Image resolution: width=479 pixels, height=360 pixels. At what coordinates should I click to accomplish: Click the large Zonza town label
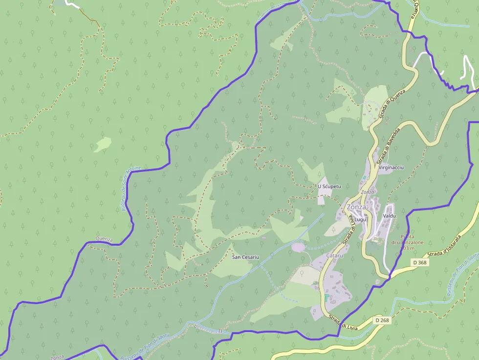356,207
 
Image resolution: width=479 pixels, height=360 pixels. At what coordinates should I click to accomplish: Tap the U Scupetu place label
329,187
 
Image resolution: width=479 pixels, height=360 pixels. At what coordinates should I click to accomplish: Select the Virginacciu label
392,168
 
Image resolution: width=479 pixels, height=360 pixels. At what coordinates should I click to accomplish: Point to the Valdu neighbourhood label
390,215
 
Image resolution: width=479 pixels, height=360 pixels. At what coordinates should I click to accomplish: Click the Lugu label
360,220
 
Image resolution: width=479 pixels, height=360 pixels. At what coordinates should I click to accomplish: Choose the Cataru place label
334,255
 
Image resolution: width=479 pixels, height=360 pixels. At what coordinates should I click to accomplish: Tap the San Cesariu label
245,257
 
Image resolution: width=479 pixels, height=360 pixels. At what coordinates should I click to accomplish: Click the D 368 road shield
419,262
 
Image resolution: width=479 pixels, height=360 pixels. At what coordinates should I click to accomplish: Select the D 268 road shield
383,320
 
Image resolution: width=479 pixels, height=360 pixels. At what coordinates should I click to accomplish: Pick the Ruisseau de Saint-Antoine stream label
129,188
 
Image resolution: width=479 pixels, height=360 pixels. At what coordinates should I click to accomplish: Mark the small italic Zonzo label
367,192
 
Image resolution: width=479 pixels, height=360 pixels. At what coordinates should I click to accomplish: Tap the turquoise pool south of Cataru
327,297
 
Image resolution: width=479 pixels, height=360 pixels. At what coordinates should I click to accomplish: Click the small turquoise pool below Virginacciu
364,177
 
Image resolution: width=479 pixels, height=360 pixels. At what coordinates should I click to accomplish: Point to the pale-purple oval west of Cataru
298,248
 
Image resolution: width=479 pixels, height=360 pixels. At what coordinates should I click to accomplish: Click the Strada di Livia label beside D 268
343,322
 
